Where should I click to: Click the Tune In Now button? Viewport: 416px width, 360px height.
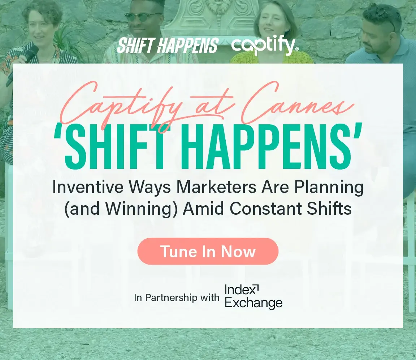(208, 251)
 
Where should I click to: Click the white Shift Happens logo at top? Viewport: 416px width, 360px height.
(168, 45)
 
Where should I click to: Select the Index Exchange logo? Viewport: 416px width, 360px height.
(253, 297)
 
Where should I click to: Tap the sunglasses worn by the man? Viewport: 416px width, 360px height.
(143, 17)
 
